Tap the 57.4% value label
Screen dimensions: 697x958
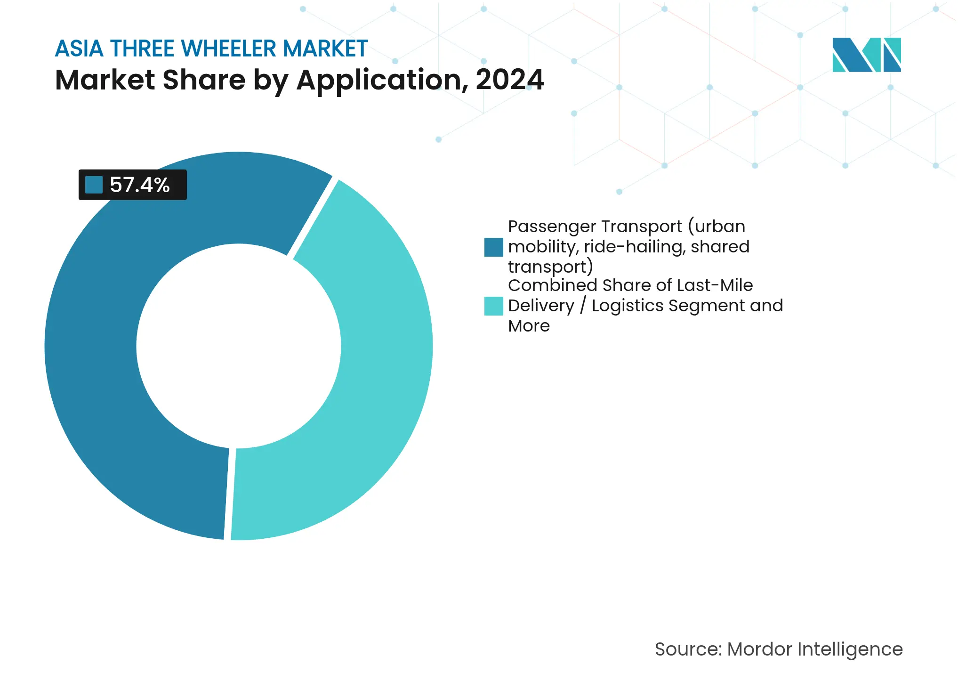(139, 185)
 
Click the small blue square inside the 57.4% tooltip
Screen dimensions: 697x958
(94, 185)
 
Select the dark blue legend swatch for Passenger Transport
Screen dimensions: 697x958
(493, 247)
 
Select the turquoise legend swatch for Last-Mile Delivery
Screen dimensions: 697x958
(493, 306)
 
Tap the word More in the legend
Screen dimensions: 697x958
(529, 326)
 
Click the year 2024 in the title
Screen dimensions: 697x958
(509, 80)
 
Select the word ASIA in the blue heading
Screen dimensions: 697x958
(79, 49)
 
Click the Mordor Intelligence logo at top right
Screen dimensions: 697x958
(866, 55)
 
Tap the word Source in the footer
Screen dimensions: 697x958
(687, 649)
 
